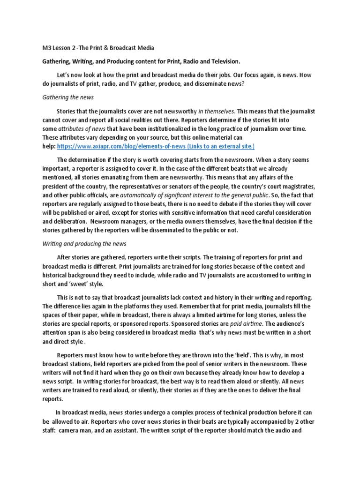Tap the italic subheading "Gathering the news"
pos(68,97)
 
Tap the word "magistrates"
pos(297,186)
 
